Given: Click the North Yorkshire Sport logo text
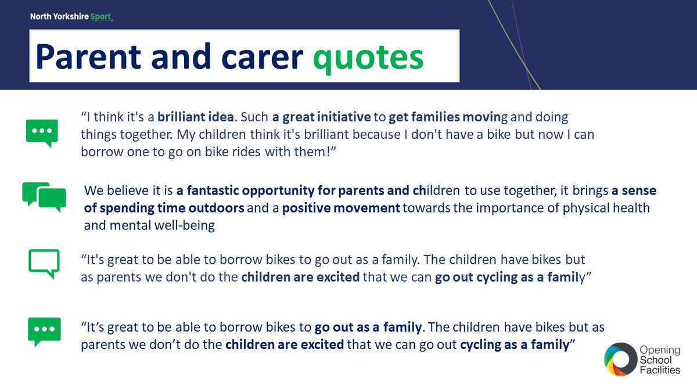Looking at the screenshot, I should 71,17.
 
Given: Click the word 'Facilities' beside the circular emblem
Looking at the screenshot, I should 660,371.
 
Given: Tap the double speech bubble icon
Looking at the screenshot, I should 44,196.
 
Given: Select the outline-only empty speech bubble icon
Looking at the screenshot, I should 44,263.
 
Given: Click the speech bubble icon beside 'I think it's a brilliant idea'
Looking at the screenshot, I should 42,132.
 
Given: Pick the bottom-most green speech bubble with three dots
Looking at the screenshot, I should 44,331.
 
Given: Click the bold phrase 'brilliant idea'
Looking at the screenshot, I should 195,117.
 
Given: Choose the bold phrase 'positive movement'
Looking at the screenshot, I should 341,208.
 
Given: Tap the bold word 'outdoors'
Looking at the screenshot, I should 218,208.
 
